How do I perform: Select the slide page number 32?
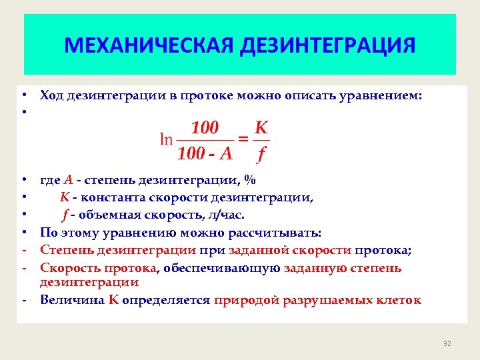(447, 343)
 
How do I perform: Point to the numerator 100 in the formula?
(205, 127)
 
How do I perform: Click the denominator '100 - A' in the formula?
(205, 154)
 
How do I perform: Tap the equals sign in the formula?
(244, 139)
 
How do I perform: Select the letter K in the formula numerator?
(262, 126)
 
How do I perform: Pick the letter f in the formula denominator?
(261, 155)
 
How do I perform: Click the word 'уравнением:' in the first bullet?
(384, 95)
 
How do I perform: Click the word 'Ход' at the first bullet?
(52, 95)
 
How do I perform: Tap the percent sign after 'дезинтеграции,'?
(249, 179)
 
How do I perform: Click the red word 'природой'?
(246, 300)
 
